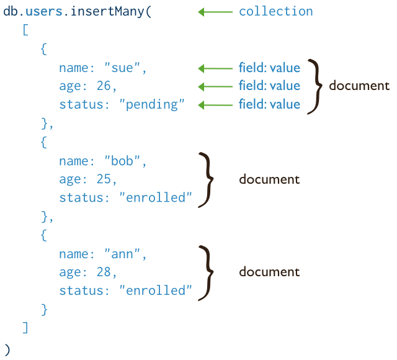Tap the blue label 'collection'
(275, 12)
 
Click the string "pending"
(151, 105)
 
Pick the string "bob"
(125, 161)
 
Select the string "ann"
(125, 254)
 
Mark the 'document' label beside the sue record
(359, 86)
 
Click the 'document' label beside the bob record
(269, 180)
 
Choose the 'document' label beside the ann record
(269, 272)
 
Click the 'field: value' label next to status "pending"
(269, 105)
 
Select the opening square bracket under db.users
(25, 30)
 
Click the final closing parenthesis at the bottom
(7, 349)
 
